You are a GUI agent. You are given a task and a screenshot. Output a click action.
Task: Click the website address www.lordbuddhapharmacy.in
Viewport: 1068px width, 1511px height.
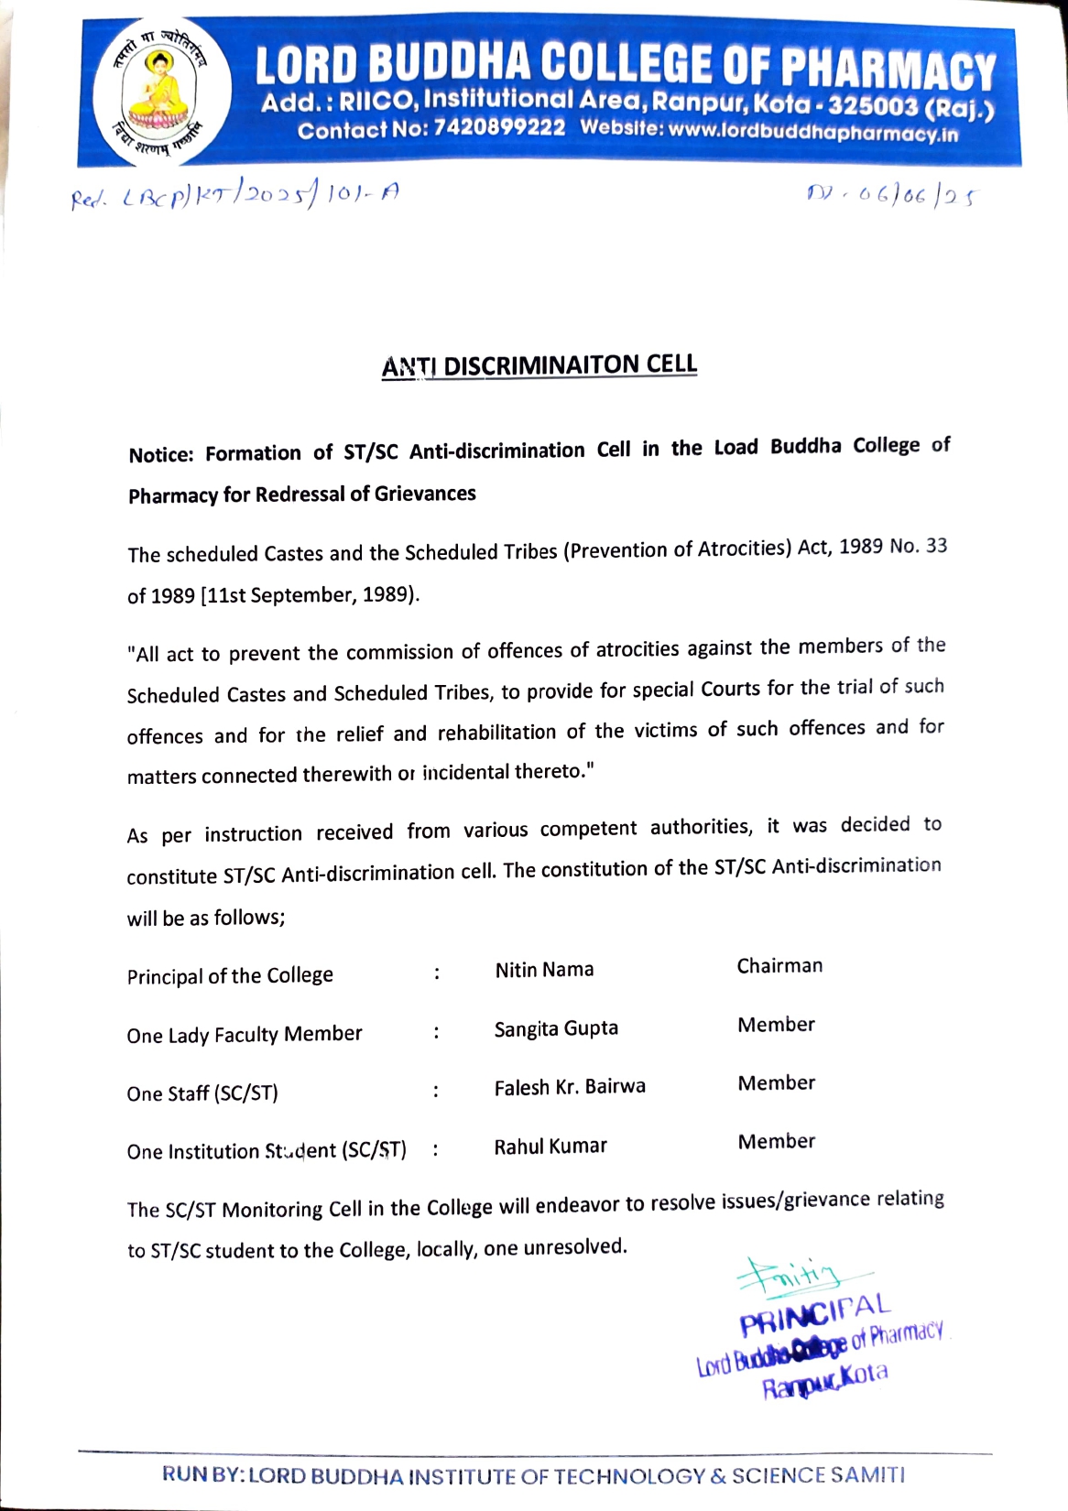813,132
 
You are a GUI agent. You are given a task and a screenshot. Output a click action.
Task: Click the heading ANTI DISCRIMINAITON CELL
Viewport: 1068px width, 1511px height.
539,364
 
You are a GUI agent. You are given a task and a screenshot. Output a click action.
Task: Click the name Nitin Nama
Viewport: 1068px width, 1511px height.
544,970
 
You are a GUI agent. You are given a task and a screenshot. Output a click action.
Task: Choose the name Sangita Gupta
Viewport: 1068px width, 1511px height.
556,1028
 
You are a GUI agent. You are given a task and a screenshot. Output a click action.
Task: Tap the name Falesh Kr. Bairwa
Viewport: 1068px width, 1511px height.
570,1087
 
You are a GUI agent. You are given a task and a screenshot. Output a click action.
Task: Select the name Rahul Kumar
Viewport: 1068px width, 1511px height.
550,1146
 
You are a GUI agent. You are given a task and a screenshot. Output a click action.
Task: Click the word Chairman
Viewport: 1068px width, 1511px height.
779,966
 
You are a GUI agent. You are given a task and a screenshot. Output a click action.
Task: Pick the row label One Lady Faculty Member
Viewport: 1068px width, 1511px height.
245,1035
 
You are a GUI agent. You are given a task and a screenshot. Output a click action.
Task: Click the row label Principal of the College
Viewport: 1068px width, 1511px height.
230,976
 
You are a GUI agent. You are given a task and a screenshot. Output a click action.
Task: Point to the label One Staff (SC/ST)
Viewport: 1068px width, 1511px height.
202,1093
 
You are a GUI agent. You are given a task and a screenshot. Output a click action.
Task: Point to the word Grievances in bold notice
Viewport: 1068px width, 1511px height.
425,494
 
